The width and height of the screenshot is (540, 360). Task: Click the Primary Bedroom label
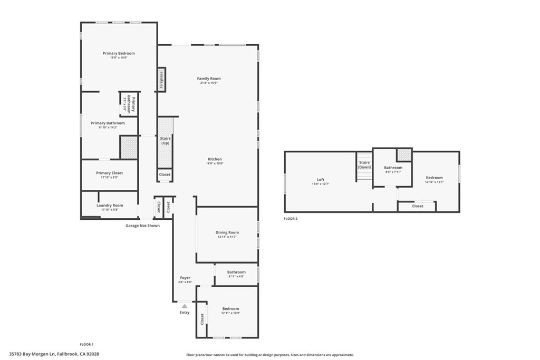(119, 53)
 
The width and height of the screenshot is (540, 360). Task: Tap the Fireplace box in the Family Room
(161, 80)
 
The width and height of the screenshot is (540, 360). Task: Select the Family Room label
(209, 79)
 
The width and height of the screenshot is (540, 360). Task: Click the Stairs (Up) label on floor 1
(165, 140)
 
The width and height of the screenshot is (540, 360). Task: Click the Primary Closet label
(109, 173)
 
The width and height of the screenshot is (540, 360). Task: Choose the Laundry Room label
(110, 205)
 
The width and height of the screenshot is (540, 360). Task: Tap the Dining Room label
(227, 232)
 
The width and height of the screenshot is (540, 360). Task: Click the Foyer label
(185, 278)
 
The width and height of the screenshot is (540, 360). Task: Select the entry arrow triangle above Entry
(185, 305)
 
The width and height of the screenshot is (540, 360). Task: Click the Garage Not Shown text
(142, 226)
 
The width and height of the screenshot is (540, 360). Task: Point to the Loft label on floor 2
(320, 179)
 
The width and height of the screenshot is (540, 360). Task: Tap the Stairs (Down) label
(364, 164)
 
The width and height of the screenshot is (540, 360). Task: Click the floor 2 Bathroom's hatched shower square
(404, 154)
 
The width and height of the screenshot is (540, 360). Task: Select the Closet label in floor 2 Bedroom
(418, 206)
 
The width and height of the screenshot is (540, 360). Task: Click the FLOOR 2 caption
(291, 219)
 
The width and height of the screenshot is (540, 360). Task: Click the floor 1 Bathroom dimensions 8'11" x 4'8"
(236, 276)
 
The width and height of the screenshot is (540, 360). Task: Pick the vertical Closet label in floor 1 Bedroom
(202, 319)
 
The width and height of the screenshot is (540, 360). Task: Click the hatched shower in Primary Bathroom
(129, 148)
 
